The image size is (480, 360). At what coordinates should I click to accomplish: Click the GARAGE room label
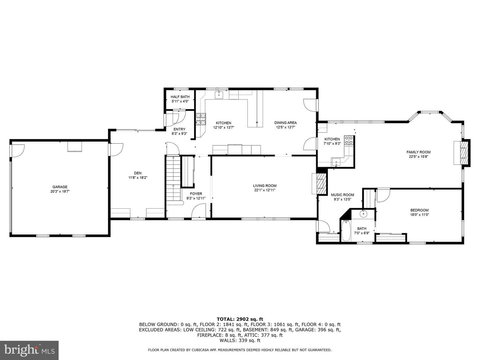tap(60, 187)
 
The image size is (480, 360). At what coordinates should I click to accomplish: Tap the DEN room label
tap(138, 173)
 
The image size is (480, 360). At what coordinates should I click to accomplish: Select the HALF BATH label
tap(180, 97)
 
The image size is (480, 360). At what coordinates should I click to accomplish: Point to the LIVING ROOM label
tap(265, 186)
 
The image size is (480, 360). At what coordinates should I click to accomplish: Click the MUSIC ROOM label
tap(342, 195)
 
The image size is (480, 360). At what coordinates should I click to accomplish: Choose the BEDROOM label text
tap(419, 210)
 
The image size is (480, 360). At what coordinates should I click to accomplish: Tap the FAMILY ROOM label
tap(419, 152)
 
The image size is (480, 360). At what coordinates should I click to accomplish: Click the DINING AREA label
tap(285, 123)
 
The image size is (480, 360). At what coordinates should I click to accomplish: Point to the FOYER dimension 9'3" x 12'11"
tap(196, 198)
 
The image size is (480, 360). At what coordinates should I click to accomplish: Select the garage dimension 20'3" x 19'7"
tap(60, 191)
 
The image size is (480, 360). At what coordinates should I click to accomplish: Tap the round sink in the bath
tap(363, 214)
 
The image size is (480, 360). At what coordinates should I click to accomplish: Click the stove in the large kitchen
tap(201, 119)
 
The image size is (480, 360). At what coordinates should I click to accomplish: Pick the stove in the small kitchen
tap(349, 140)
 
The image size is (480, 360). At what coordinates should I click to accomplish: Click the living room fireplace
tap(319, 184)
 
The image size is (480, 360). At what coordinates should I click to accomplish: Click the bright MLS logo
tap(29, 350)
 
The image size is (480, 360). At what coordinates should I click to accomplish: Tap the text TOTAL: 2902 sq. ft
tap(240, 319)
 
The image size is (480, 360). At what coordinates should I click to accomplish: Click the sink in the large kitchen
tap(219, 95)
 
